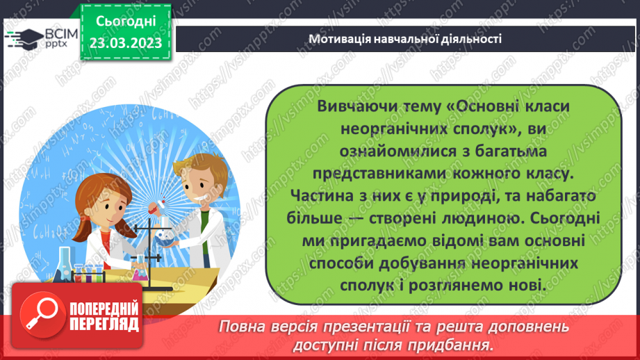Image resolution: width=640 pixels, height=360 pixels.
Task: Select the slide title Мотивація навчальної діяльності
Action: (404, 39)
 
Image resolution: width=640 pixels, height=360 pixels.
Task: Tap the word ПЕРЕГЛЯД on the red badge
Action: (104, 324)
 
